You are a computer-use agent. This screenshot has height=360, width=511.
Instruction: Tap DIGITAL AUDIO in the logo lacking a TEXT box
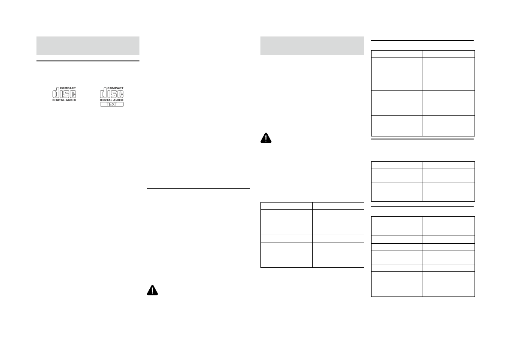(x=64, y=100)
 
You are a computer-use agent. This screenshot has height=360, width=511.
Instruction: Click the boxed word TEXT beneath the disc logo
(x=112, y=104)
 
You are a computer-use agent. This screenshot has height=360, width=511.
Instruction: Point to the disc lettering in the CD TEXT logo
(x=112, y=94)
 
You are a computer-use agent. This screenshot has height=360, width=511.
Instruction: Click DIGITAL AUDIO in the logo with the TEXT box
(x=112, y=100)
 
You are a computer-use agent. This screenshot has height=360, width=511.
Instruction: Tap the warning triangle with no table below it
(x=153, y=290)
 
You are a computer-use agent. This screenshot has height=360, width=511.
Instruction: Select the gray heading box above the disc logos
(x=88, y=45)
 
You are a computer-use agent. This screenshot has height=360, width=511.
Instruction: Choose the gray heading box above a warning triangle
(x=312, y=45)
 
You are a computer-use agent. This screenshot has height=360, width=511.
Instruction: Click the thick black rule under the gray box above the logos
(x=88, y=61)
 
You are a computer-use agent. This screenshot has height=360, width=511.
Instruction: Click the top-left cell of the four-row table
(x=287, y=205)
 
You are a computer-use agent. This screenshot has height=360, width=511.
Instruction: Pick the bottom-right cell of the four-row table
(x=338, y=255)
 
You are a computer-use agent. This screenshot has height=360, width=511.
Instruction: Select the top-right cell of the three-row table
(x=449, y=165)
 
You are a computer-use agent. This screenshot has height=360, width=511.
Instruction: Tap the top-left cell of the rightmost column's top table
(x=397, y=54)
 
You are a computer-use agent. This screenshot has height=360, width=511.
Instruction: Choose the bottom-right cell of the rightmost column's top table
(x=449, y=130)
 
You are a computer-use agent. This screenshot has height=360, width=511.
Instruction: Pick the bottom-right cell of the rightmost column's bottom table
(x=449, y=284)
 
